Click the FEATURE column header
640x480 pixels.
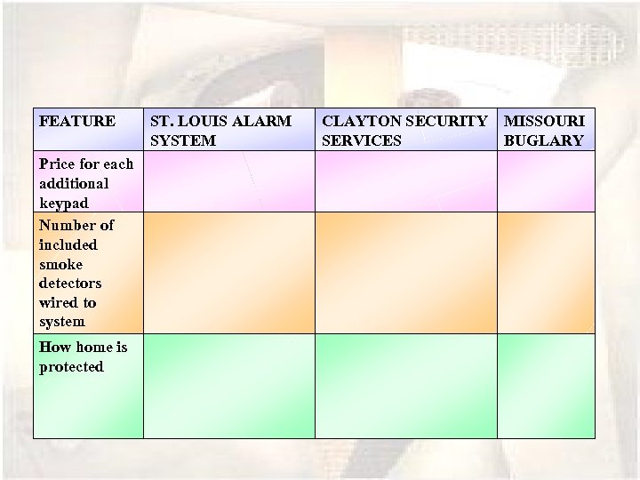coord(77,121)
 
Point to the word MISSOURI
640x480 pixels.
coord(544,121)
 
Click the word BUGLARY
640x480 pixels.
coord(543,140)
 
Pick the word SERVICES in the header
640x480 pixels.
coord(362,140)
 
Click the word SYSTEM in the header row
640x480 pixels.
coord(183,140)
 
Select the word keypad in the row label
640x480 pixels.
coord(64,203)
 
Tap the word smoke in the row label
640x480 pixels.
coord(60,264)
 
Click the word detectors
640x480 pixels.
coord(70,284)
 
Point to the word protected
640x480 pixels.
coord(71,366)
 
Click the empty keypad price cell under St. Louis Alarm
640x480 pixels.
coord(228,181)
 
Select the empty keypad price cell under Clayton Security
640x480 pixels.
coord(405,181)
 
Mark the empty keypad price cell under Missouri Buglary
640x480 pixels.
coord(545,181)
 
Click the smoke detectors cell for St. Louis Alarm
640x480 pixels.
coord(228,272)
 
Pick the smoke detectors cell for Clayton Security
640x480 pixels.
coord(405,272)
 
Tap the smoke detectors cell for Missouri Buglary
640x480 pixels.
coord(545,272)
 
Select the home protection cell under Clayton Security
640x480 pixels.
coord(405,386)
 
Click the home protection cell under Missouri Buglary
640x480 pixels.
coord(545,386)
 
